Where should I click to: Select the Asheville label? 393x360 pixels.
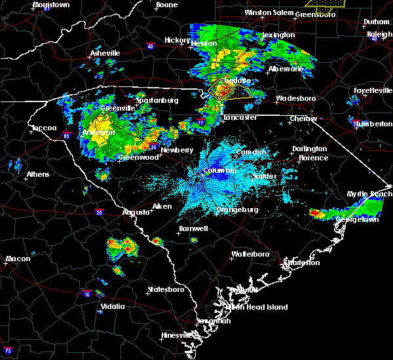coord(105,53)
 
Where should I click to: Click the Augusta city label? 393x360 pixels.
coord(136,212)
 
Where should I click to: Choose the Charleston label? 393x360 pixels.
coord(301,262)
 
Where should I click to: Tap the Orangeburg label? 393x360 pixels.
coord(238,210)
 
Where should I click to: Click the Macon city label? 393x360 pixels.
coord(18,259)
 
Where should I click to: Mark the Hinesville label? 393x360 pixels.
coord(178,336)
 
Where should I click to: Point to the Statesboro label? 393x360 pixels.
coord(166,289)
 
